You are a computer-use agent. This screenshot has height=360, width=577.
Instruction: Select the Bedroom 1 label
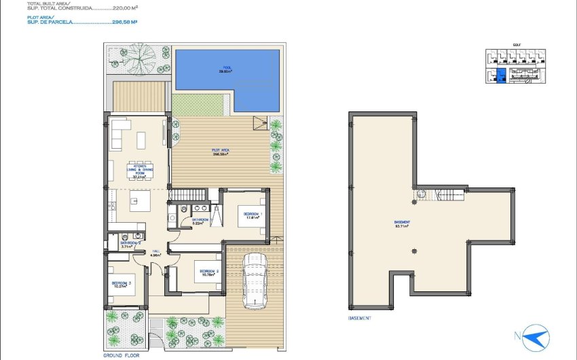pyautogui.click(x=253, y=215)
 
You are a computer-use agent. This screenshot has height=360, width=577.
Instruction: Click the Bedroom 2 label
pyautogui.click(x=208, y=273)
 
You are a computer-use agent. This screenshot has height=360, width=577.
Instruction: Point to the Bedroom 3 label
pyautogui.click(x=120, y=285)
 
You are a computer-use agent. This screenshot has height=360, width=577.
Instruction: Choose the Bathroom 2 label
pyautogui.click(x=130, y=245)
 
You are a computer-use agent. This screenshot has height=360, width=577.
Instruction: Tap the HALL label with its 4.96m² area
pyautogui.click(x=155, y=253)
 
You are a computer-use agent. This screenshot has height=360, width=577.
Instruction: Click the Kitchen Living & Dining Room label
pyautogui.click(x=140, y=172)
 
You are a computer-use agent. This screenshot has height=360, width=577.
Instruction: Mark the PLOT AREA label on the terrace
pyautogui.click(x=218, y=153)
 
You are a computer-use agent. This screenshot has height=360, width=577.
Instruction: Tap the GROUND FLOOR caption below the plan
pyautogui.click(x=122, y=355)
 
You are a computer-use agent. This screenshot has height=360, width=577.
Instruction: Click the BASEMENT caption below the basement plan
pyautogui.click(x=359, y=317)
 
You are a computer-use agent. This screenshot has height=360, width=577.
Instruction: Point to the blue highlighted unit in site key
pyautogui.click(x=502, y=75)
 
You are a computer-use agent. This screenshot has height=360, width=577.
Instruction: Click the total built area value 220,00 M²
pyautogui.click(x=125, y=8)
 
